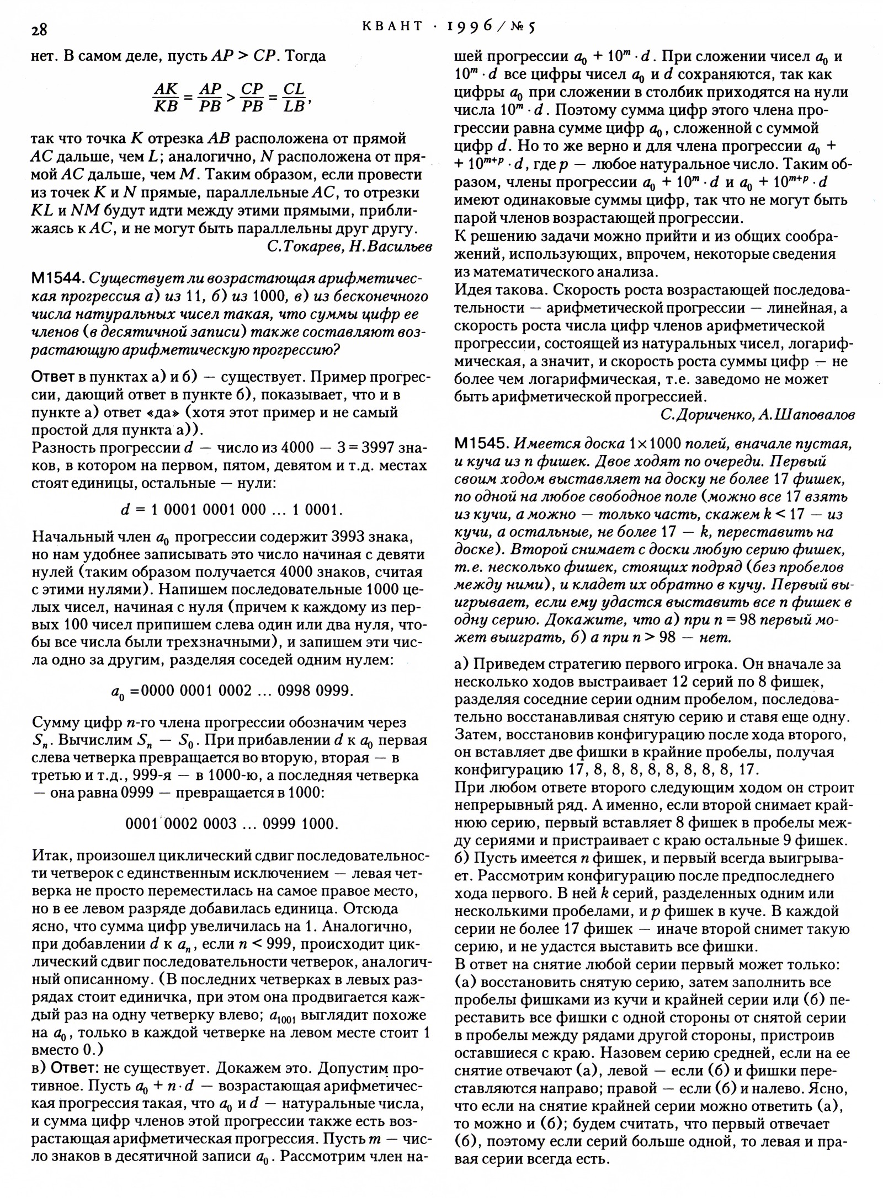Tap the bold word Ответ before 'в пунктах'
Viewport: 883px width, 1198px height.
coord(53,377)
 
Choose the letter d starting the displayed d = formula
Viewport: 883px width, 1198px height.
coord(125,510)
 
